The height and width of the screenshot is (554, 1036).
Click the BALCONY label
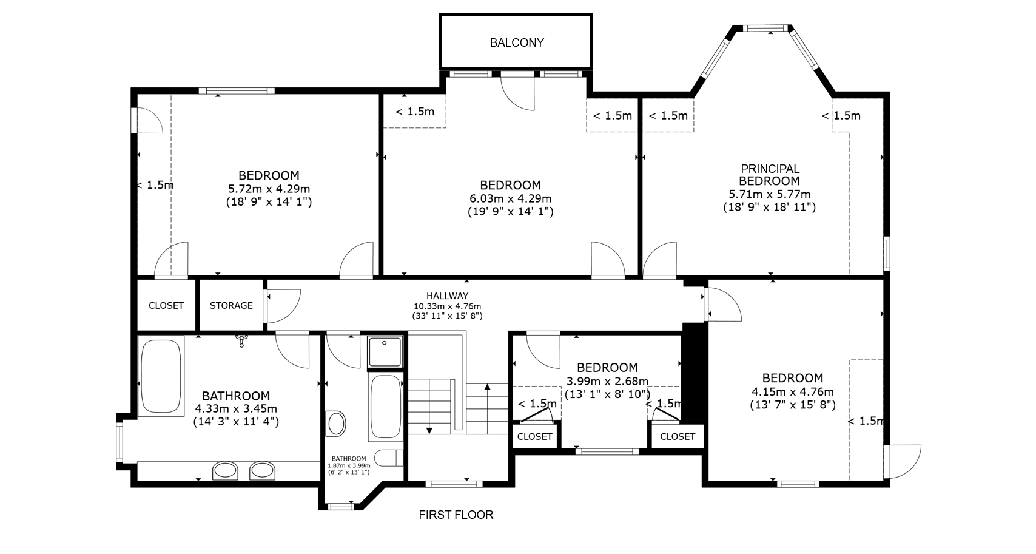tap(517, 42)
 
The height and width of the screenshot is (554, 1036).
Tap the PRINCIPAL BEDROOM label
tap(770, 175)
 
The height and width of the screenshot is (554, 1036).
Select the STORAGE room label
tap(231, 305)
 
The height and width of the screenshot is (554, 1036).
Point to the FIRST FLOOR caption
tap(456, 515)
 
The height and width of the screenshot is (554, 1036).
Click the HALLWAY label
tap(447, 296)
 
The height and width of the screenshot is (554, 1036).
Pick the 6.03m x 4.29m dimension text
tap(511, 198)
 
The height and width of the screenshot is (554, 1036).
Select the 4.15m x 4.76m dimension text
tap(793, 391)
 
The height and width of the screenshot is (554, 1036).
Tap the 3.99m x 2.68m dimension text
tap(607, 381)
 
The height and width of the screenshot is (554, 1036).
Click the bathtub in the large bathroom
tap(161, 376)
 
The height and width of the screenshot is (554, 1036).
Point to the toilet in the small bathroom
tap(388, 458)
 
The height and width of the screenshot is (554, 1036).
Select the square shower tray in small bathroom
tap(385, 352)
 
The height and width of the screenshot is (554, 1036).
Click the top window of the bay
tap(766, 29)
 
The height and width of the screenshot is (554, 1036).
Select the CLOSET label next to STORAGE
tap(166, 305)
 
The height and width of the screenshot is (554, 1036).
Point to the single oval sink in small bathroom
tap(336, 424)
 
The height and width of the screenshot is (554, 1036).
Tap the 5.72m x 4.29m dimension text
tap(269, 189)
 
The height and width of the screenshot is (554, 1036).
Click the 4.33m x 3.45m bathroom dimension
tap(236, 408)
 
